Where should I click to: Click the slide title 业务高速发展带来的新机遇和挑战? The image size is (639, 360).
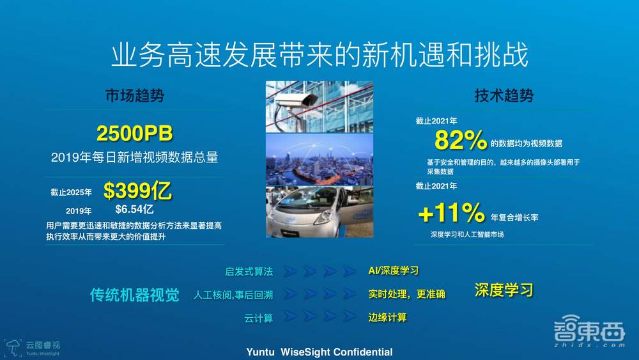tap(319, 56)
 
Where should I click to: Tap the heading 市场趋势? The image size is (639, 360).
tap(135, 96)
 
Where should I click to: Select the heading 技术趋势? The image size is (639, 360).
tap(504, 96)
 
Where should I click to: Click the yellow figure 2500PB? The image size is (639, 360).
tap(134, 134)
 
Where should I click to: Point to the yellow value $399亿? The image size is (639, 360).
tap(137, 191)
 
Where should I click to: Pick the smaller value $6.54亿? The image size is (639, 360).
tap(134, 209)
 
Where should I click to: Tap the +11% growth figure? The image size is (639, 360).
tap(451, 213)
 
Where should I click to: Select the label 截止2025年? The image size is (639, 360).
tap(71, 192)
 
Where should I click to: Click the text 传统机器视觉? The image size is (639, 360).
tap(134, 295)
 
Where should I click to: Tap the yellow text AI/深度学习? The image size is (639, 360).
tap(394, 271)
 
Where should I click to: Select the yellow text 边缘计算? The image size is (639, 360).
tap(387, 317)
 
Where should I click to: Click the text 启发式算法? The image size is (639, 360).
tap(249, 272)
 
